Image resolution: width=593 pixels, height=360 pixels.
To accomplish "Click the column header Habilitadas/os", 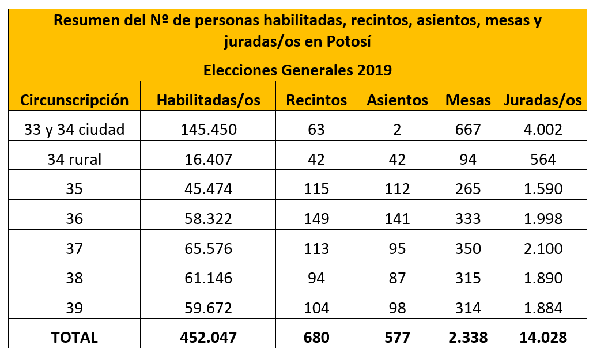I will (x=209, y=100).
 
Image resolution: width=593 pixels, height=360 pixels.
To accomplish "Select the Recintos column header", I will (x=316, y=100).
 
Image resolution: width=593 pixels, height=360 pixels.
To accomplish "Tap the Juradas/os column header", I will (x=542, y=100).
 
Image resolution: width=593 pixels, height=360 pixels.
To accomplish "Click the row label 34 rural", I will (x=74, y=159).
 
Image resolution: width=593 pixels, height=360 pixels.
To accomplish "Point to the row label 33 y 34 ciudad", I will (x=74, y=130).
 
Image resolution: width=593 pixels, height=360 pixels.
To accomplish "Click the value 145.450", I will (x=209, y=130).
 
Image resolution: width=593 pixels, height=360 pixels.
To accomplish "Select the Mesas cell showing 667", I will (x=467, y=130).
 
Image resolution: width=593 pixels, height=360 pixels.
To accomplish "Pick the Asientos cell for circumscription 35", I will (x=397, y=189).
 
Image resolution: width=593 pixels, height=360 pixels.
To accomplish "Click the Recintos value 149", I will (x=316, y=219).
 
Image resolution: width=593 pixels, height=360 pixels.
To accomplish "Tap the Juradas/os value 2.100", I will (x=542, y=248).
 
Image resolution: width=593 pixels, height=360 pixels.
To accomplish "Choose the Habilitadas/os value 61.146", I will (x=209, y=278).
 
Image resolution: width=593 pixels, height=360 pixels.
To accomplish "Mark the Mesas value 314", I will (x=467, y=308).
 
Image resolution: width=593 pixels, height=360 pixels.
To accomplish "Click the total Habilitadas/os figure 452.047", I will (x=209, y=337).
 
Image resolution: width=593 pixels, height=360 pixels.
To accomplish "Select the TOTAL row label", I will (x=74, y=337).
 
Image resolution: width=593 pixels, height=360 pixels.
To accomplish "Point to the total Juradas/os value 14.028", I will (x=542, y=337).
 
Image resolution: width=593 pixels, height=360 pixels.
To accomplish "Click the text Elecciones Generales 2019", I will (x=297, y=70).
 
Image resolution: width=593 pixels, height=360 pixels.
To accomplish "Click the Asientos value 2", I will (x=397, y=130).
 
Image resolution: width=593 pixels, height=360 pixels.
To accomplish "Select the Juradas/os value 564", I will (x=542, y=159).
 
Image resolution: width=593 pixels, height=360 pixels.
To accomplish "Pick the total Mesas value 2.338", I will (x=467, y=337).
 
